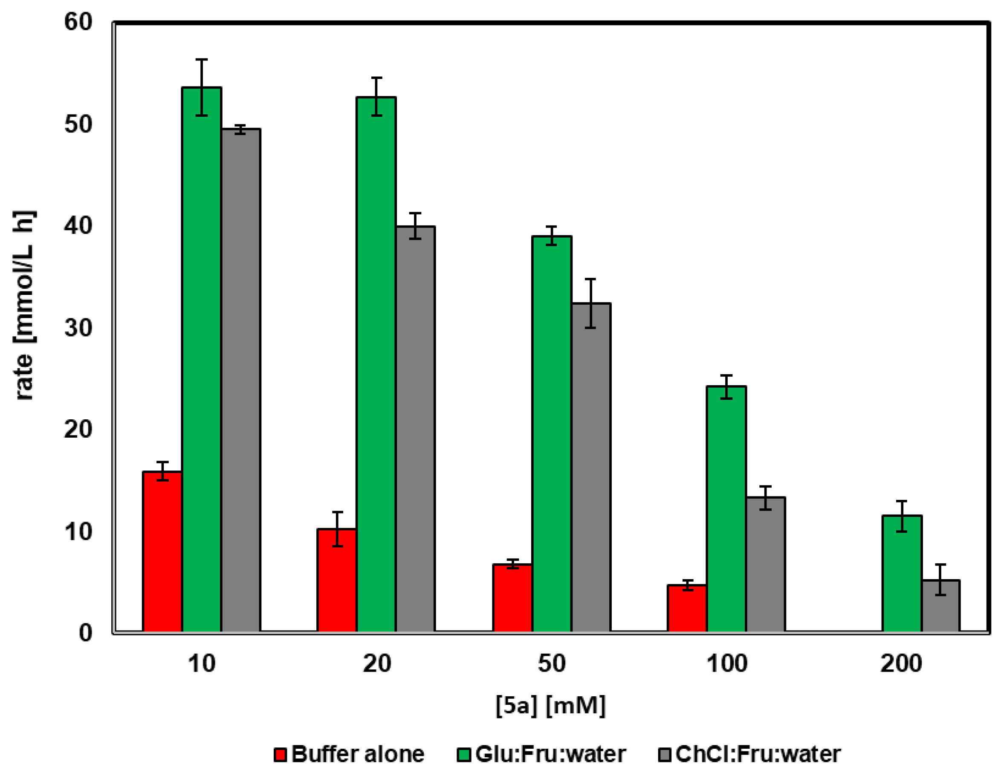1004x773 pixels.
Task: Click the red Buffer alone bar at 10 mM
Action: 162,551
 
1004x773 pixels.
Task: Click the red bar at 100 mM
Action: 687,609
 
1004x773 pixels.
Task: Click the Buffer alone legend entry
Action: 350,754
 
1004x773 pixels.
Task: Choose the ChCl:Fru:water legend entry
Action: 749,754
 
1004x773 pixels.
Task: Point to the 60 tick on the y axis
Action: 78,22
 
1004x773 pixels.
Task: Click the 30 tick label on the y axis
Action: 78,328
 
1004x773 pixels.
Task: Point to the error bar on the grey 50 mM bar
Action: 590,303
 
